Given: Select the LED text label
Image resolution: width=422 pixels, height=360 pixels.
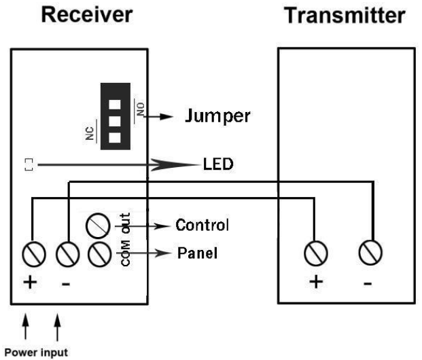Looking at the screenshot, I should point(217,164).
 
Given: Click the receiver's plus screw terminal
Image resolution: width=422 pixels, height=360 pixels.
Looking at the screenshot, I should point(31,254).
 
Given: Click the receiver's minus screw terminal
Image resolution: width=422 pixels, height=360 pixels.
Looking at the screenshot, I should point(65,254).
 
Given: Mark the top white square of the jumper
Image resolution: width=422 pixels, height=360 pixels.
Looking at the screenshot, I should point(115,106).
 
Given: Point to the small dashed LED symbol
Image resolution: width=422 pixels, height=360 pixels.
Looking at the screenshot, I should point(28,164).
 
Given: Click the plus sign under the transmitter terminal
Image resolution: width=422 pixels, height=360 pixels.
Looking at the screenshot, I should point(314,281).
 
